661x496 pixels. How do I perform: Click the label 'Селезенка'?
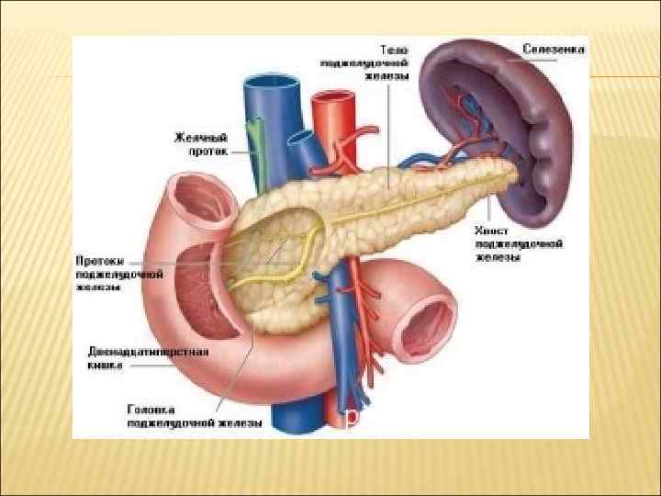click(554, 48)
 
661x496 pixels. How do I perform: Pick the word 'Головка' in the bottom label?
click(151, 409)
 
